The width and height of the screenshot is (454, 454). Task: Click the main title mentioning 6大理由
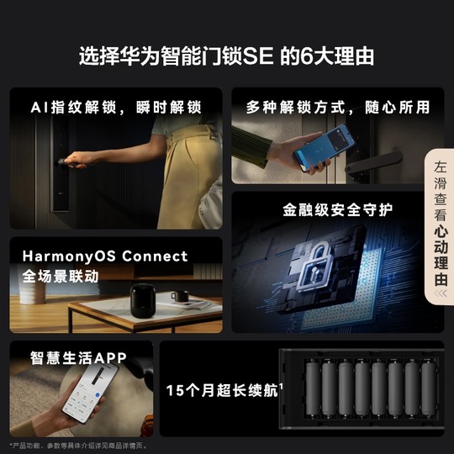(x=226, y=57)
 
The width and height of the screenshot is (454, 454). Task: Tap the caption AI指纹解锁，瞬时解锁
(x=116, y=108)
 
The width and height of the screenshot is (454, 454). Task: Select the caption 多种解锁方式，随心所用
(x=337, y=108)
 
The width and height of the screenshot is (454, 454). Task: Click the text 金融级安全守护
(x=337, y=209)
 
